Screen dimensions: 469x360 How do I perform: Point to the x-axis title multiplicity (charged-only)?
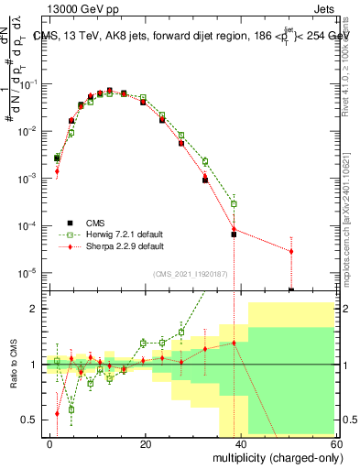pos(274,457)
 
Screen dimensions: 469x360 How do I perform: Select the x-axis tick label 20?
pos(146,444)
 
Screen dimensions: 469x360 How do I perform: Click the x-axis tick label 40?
pos(241,444)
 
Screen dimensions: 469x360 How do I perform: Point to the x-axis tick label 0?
pos(50,444)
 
